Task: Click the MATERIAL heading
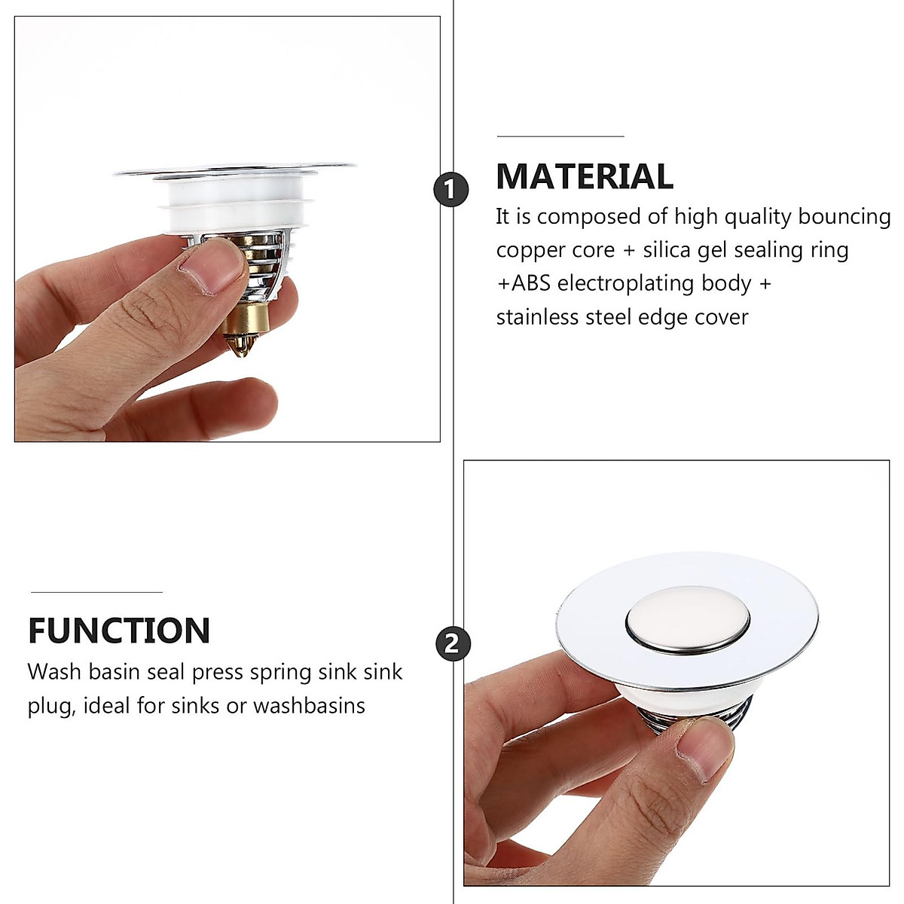pos(584,176)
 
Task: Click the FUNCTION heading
pos(119,631)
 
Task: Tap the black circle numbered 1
pos(450,189)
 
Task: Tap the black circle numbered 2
pos(452,644)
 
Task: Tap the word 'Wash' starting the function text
pos(52,671)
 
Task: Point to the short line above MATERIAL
pos(560,136)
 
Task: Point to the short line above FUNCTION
pos(95,592)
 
